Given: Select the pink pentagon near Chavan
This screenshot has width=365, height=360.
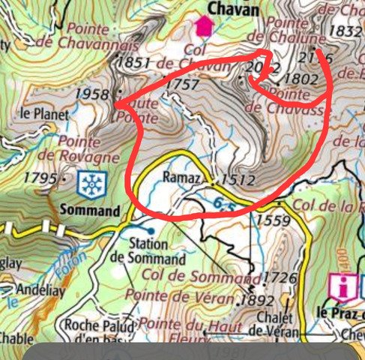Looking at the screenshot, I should (203, 27).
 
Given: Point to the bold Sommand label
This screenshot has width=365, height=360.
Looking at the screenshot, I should (93, 211).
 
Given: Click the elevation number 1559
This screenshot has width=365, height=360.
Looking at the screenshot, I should (272, 220).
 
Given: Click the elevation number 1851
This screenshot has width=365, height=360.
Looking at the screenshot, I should (135, 64).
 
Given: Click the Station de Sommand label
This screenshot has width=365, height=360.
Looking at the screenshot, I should (148, 251).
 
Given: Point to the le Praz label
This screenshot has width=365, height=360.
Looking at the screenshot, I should (337, 312).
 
